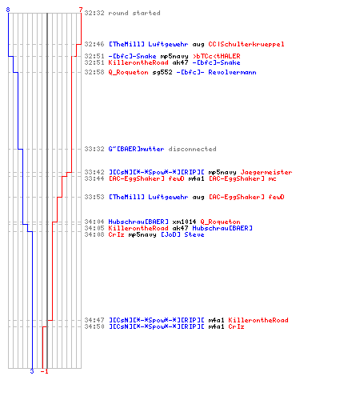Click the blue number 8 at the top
8,10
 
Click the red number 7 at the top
81,10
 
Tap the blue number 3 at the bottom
32,371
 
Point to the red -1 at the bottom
45,371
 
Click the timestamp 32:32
94,13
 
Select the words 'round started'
134,13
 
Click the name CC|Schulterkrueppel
246,44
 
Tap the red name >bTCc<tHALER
217,56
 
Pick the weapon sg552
162,72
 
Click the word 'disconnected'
192,149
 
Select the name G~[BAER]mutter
136,149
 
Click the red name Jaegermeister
266,172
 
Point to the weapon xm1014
184,222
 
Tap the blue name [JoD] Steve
183,234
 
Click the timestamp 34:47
94,320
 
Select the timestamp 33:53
94,197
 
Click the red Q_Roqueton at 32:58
128,72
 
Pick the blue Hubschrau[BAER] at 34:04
138,222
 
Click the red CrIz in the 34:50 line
236,326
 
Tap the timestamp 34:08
94,234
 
